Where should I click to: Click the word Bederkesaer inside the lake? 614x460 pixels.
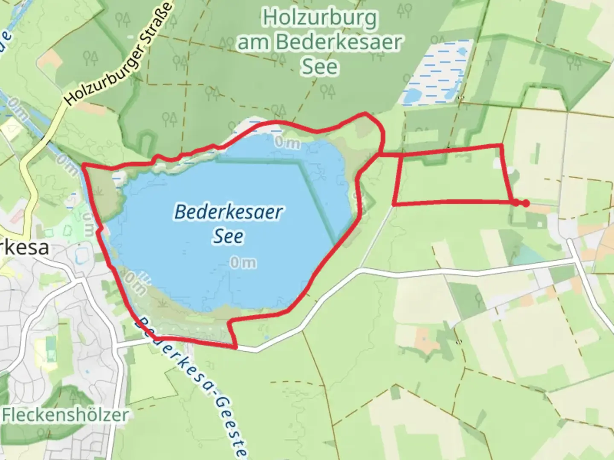(229, 212)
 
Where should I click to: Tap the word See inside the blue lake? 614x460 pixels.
(228, 237)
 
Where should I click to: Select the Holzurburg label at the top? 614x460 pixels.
(320, 18)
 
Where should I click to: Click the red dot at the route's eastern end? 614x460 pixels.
(526, 204)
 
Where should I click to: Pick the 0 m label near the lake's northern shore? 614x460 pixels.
(287, 143)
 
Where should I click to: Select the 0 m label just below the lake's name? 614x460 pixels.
(243, 263)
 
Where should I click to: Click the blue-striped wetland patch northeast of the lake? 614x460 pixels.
(437, 72)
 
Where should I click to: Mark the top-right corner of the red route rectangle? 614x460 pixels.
(501, 146)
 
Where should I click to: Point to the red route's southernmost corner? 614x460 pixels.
(236, 347)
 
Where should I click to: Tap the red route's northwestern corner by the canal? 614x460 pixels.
(84, 164)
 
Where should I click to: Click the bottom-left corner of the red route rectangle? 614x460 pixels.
(394, 204)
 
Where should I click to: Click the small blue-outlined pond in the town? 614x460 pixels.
(81, 255)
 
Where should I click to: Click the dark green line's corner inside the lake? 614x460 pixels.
(300, 164)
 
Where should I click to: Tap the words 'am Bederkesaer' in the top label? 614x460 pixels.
(320, 42)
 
